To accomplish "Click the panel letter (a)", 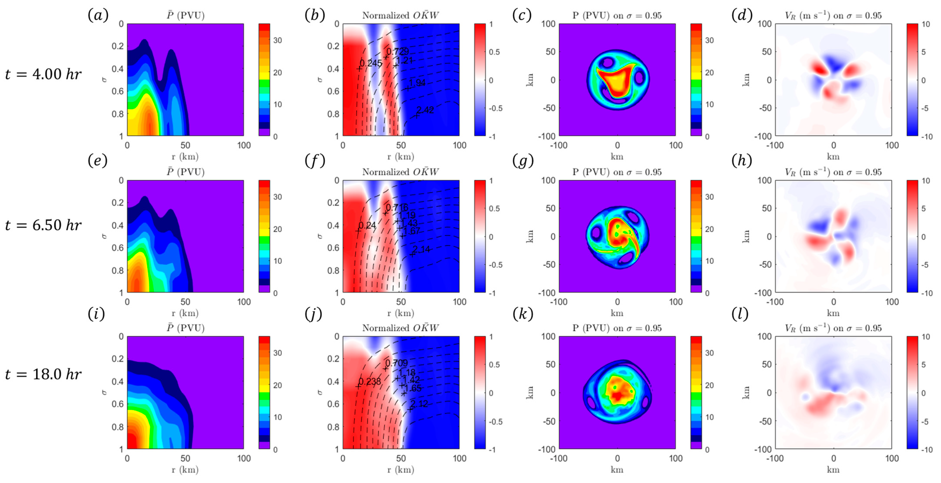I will [98, 15].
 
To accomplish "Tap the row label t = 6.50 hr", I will [43, 225].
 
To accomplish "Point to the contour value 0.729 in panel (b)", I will [397, 51].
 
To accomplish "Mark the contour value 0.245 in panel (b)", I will [371, 63].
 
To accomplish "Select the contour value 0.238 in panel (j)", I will [370, 381].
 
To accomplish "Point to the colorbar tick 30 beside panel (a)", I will [278, 40].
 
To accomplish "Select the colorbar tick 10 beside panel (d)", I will [926, 24].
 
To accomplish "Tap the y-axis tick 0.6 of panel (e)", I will [118, 248].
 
